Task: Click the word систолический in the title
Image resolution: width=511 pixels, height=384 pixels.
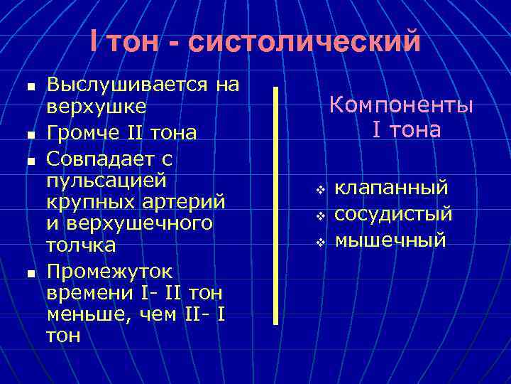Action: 304,41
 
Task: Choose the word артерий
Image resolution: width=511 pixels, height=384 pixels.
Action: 184,201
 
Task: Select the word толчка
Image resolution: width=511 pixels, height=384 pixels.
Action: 82,246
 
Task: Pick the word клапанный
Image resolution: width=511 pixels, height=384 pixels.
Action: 391,188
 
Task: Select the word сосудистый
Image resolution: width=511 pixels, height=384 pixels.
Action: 393,214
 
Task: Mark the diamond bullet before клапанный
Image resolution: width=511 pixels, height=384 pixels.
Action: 320,190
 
